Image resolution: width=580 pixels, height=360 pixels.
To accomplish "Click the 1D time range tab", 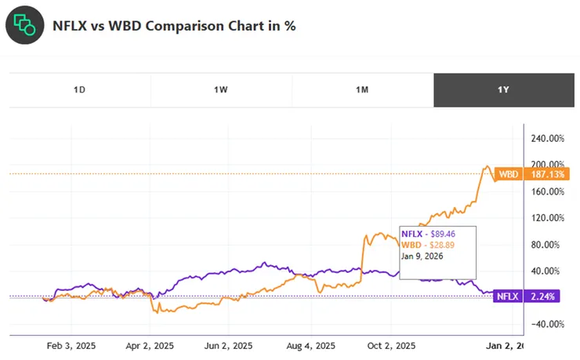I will click(x=79, y=89).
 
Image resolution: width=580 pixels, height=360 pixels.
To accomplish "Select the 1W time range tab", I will click(x=220, y=89).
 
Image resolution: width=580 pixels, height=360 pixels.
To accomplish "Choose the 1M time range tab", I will click(x=361, y=89).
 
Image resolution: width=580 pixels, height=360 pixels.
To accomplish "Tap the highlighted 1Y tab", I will click(x=503, y=89).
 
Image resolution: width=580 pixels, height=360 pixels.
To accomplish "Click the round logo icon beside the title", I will click(x=26, y=25).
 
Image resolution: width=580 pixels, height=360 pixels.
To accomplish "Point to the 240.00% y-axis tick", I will click(x=547, y=138).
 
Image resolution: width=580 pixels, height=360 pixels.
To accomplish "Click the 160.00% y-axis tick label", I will click(x=547, y=191).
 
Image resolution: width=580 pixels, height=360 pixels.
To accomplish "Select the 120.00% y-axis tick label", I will click(x=547, y=218).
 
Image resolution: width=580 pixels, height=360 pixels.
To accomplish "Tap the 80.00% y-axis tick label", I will click(x=549, y=245).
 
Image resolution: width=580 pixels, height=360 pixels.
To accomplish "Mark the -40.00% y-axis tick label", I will click(x=547, y=324).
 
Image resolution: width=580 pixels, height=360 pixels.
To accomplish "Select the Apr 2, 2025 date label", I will click(x=150, y=345).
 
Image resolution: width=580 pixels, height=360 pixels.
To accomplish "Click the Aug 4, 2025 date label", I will click(x=312, y=345).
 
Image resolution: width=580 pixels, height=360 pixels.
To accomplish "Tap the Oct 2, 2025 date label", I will click(x=391, y=345).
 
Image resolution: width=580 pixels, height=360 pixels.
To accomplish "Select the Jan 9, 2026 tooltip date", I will click(x=422, y=256).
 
